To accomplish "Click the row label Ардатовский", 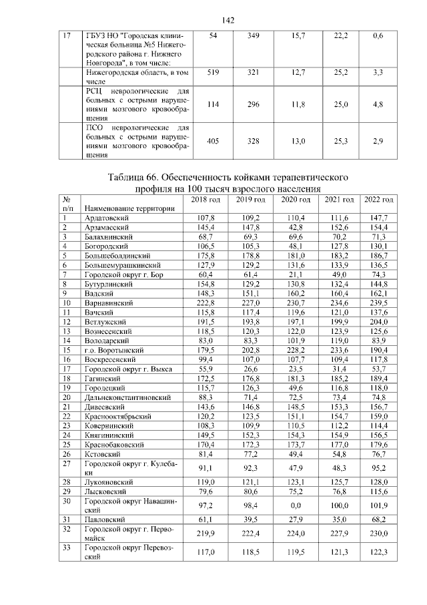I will pos(107,218).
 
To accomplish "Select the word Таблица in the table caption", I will pos(129,178).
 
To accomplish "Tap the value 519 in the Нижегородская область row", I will pos(213,71).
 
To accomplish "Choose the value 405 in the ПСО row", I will pos(213,142).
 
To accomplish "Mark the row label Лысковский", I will pos(105,491).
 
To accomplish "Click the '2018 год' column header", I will pos(205,200).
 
